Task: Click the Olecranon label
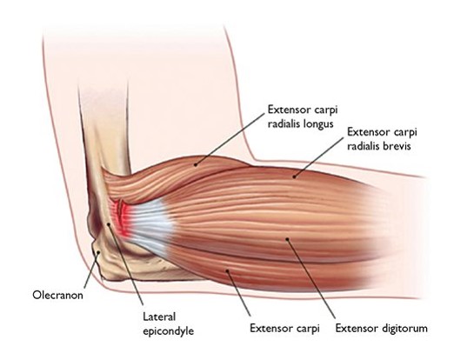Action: [x=57, y=296]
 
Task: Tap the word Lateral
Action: [x=159, y=317]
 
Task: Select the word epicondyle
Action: [x=169, y=331]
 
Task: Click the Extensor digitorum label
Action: [x=382, y=329]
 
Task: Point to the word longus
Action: [x=318, y=124]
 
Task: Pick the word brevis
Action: [x=397, y=146]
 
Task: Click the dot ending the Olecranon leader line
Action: [x=98, y=252]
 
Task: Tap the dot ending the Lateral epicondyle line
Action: [x=109, y=224]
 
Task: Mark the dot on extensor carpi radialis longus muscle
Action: [x=196, y=164]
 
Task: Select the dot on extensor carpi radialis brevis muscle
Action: [x=294, y=176]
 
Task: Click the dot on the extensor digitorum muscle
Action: [x=287, y=239]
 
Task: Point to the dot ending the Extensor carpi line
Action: [x=227, y=271]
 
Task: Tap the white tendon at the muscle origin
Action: [x=150, y=223]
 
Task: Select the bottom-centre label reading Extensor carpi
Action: [x=284, y=329]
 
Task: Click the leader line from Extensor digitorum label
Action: [x=311, y=278]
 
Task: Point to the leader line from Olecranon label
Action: [x=91, y=270]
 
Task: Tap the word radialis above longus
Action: [x=284, y=124]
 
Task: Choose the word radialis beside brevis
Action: [x=364, y=146]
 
